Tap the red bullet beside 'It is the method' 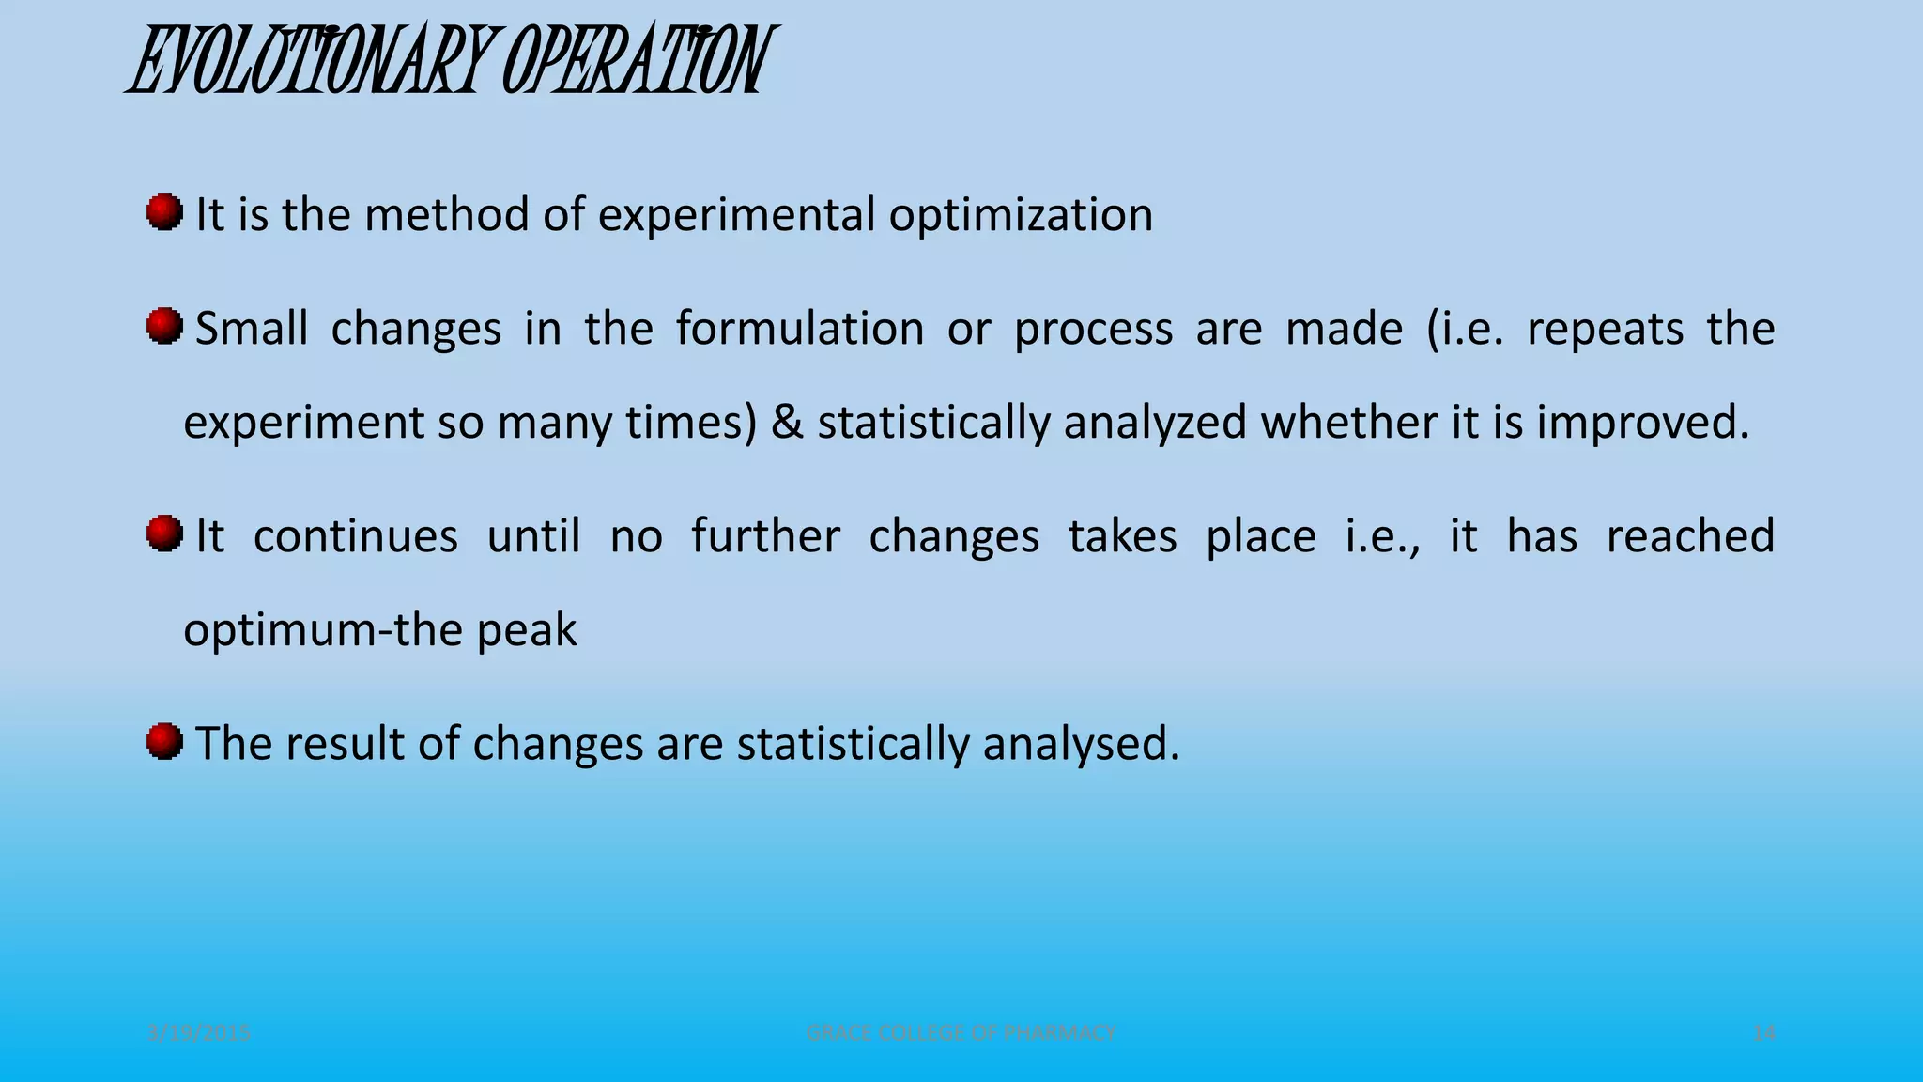[x=164, y=212]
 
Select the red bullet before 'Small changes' [x=164, y=327]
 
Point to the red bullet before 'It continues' [x=164, y=534]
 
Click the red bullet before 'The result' [x=164, y=742]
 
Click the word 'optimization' [x=1021, y=215]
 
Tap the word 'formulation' [x=800, y=329]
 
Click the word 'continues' [x=356, y=536]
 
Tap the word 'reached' [x=1690, y=536]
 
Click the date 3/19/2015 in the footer [x=200, y=1033]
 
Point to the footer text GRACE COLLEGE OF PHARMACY [x=961, y=1033]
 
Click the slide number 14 [x=1763, y=1033]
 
